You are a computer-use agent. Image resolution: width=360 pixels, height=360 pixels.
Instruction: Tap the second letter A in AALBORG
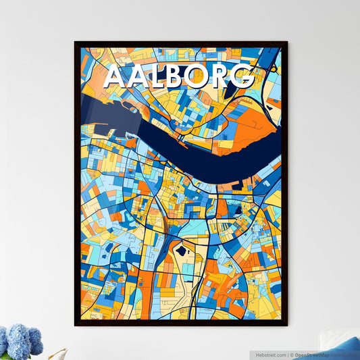click(138, 77)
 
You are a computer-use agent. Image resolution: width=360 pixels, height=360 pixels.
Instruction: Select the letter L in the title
click(159, 77)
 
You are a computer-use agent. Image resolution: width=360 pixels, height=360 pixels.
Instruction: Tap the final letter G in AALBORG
click(245, 77)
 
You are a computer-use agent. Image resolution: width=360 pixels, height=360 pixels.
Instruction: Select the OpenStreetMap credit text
click(315, 354)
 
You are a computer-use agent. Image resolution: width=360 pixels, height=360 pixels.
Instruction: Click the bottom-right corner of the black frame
click(286, 325)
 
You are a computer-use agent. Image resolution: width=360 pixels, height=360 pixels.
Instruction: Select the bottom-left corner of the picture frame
click(76, 325)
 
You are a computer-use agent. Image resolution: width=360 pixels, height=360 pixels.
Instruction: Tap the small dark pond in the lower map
click(181, 252)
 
